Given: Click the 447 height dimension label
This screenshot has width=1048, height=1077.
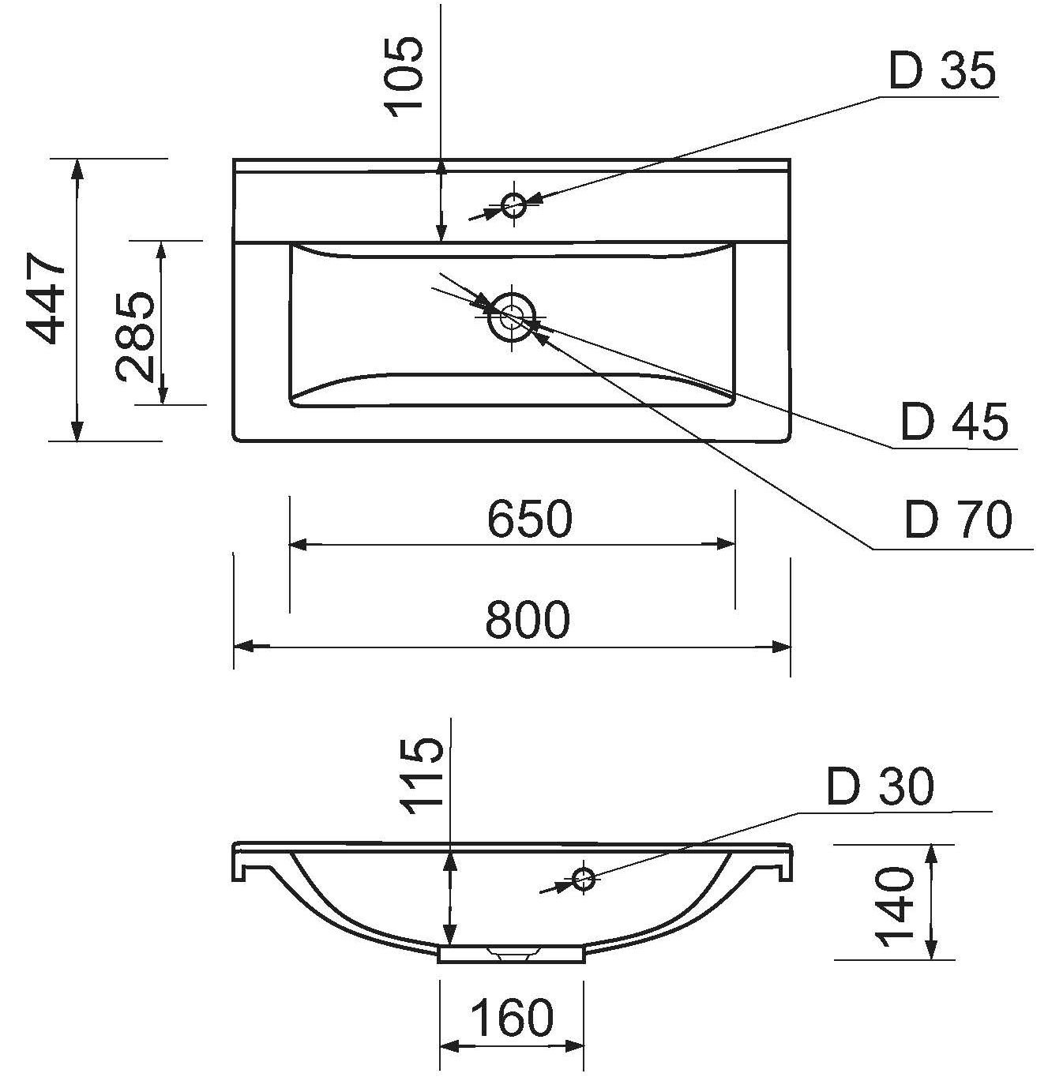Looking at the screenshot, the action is click(47, 298).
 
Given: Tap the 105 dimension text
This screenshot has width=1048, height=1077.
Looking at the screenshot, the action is click(404, 77).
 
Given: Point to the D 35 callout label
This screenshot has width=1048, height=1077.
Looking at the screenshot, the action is click(942, 71).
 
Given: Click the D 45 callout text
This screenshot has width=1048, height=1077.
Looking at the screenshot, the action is click(955, 422).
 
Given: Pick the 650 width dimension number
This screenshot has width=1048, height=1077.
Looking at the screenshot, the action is click(529, 518).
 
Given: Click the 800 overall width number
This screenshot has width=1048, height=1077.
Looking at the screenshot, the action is click(528, 619).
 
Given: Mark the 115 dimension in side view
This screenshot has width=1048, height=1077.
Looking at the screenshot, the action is click(424, 776).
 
